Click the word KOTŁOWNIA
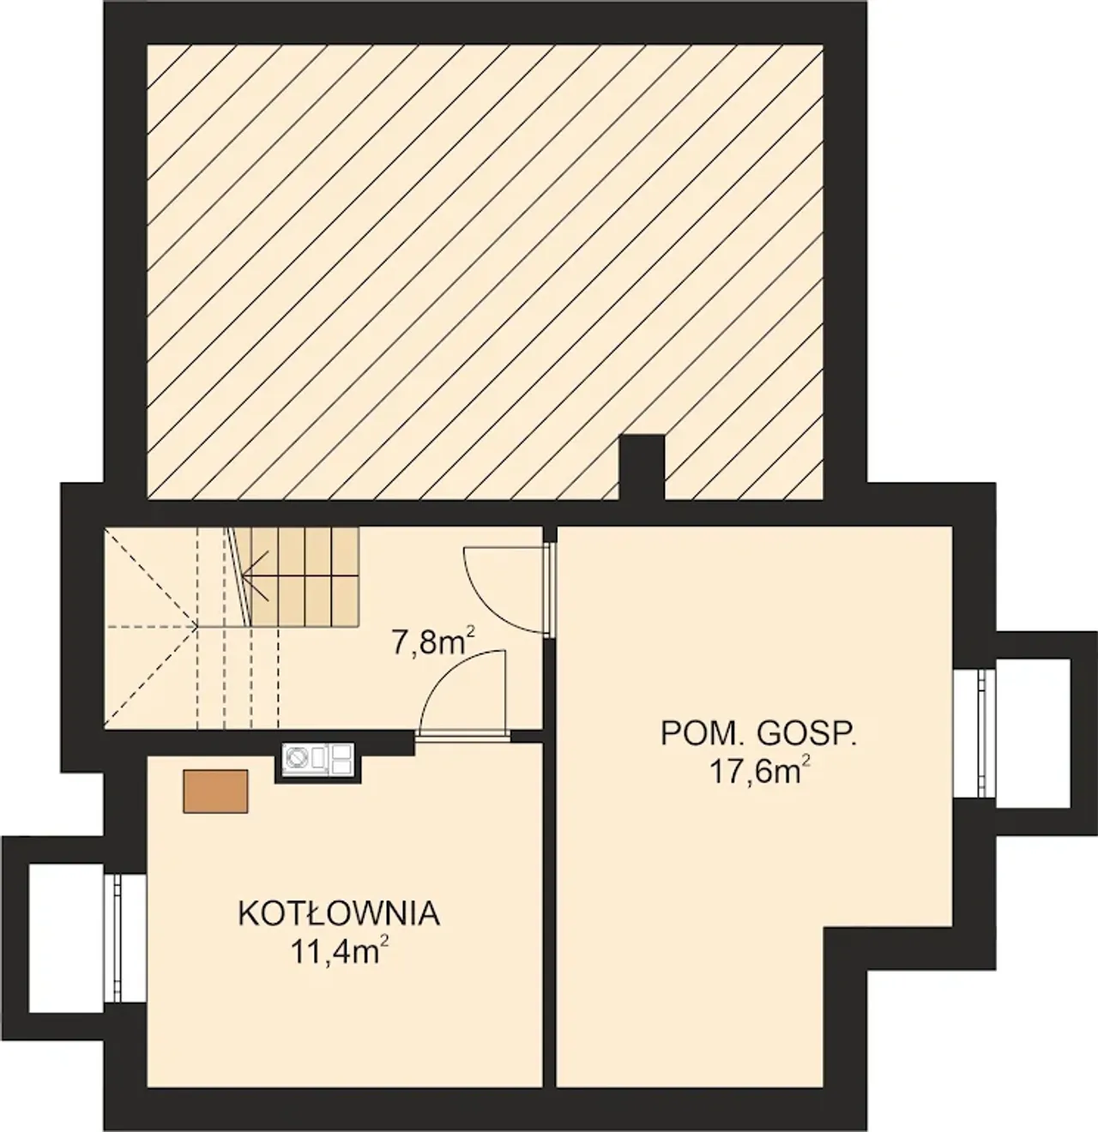point(339,914)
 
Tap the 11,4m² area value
point(340,953)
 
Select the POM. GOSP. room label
point(759,734)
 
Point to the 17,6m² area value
point(759,772)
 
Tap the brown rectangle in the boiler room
point(215,792)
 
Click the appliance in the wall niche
point(317,759)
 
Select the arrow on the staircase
point(256,576)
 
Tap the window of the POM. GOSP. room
point(983,733)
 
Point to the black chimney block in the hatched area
point(642,467)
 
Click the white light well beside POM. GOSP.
point(1033,733)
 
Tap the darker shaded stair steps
point(305,576)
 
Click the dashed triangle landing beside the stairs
point(151,627)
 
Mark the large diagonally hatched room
point(485,272)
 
